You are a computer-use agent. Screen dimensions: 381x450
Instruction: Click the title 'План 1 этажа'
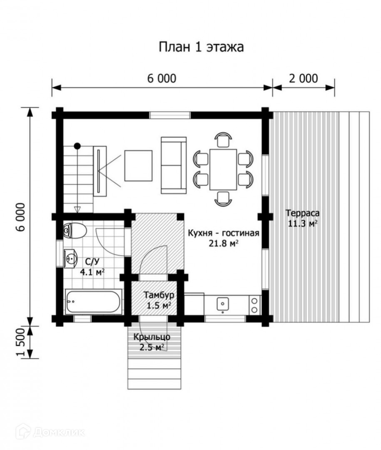[x=201, y=47]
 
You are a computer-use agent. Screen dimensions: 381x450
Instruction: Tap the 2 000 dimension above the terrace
[x=303, y=78]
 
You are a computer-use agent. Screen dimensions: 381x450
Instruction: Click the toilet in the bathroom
[x=75, y=230]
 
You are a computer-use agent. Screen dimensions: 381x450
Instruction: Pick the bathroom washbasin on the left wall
[x=70, y=258]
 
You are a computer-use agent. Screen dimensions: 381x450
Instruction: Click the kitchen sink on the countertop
[x=223, y=304]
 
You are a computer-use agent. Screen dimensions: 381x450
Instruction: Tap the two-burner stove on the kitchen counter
[x=254, y=305]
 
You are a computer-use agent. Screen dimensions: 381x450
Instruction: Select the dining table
[x=223, y=169]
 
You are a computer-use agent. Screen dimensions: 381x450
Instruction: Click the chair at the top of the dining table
[x=223, y=140]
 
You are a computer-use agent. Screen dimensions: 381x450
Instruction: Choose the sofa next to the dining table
[x=174, y=165]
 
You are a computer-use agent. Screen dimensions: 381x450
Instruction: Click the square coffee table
[x=138, y=165]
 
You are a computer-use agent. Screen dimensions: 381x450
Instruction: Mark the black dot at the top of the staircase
[x=77, y=146]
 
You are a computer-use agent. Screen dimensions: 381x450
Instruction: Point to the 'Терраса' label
[x=302, y=213]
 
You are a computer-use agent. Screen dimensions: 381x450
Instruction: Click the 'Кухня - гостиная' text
[x=224, y=233]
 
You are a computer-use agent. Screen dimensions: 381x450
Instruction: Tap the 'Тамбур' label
[x=159, y=295]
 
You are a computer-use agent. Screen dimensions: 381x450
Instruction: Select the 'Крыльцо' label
[x=152, y=337]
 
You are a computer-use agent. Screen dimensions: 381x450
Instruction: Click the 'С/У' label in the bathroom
[x=92, y=261]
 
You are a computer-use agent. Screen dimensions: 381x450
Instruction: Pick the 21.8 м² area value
[x=224, y=243]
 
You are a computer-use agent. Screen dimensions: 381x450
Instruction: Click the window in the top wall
[x=170, y=115]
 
